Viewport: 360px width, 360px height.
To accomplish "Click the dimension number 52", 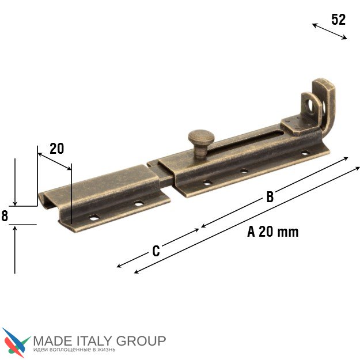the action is pos(339,20).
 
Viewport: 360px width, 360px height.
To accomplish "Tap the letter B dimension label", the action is pos(270,197).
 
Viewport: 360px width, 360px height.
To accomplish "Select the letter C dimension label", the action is pos(156,251).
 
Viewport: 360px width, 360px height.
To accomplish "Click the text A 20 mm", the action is pos(273,232).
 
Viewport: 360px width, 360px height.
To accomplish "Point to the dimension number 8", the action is pos(5,216).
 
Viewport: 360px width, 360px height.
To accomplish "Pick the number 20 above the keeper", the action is pos(56,149).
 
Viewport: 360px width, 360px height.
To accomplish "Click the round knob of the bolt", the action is pos(201,137).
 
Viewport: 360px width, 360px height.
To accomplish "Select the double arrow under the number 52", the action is pos(329,32).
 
